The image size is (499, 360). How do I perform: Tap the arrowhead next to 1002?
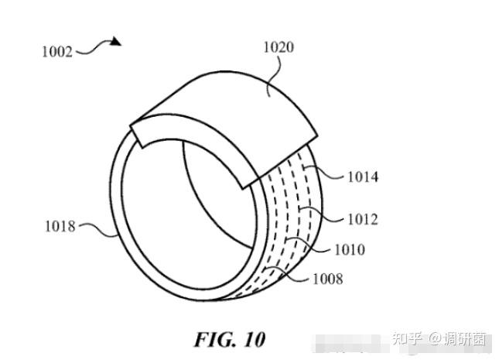(116, 41)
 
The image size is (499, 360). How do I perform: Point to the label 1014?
(362, 177)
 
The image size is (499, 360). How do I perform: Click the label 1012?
(362, 219)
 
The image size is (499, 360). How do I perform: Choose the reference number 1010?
(349, 249)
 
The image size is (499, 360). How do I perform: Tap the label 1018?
(59, 227)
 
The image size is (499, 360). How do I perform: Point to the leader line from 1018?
(96, 228)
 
